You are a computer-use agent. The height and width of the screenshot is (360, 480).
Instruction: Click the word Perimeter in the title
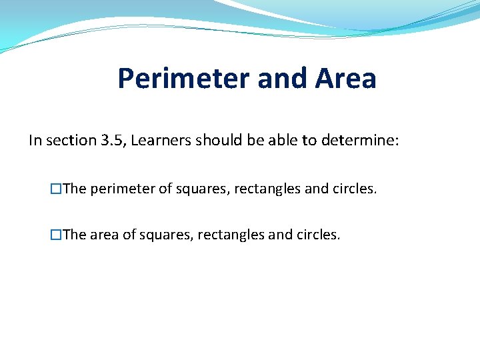183,79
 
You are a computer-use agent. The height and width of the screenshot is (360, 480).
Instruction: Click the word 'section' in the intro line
71,141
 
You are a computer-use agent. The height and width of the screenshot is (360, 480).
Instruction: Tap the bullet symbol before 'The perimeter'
57,189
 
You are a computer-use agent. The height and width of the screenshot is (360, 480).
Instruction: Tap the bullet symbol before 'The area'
57,235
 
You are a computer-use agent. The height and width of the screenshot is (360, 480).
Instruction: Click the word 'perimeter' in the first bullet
122,189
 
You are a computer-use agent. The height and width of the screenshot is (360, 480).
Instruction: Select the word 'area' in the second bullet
103,235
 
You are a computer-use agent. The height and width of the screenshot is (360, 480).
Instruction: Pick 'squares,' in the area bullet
164,235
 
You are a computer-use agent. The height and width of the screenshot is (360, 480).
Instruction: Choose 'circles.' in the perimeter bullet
355,189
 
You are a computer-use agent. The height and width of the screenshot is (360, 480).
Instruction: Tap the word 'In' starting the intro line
35,141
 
